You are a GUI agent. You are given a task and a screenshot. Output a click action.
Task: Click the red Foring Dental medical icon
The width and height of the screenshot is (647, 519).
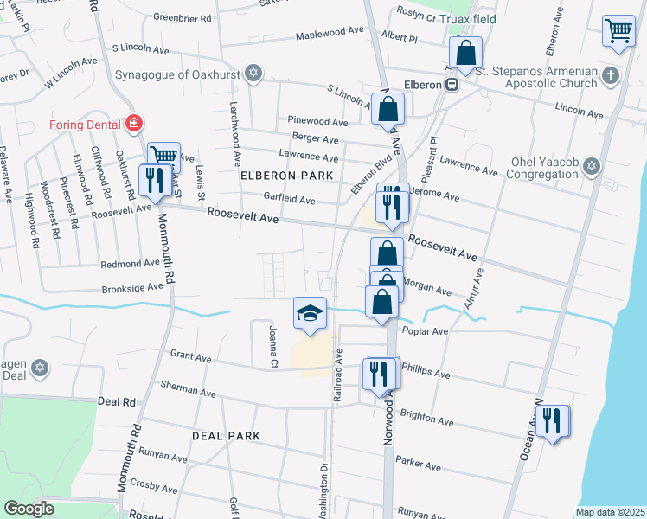pos(133,124)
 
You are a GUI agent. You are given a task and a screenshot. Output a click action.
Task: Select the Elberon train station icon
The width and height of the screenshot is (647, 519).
pos(452,85)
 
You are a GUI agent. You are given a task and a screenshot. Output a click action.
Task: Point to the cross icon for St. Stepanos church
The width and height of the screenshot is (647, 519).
pos(611,74)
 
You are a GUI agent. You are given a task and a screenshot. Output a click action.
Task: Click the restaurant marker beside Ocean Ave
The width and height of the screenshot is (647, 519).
pos(553,421)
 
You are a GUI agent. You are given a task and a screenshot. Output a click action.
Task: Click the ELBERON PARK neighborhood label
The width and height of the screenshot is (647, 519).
pos(287,176)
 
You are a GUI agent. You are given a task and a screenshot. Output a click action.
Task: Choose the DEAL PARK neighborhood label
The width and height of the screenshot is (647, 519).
pos(226,436)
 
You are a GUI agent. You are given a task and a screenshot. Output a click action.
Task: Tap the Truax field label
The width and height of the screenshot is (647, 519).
pos(471,18)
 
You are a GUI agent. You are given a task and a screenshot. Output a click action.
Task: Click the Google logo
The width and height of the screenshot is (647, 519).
pos(29,508)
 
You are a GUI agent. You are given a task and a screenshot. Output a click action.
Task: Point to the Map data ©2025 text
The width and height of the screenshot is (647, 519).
pos(610,512)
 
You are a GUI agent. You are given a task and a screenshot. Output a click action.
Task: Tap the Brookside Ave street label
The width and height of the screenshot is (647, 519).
pos(132,286)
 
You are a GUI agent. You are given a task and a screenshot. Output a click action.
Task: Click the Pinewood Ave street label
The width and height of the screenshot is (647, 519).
pos(318,122)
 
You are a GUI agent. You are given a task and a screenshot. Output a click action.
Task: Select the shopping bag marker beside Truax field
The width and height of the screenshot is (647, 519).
pos(465,53)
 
